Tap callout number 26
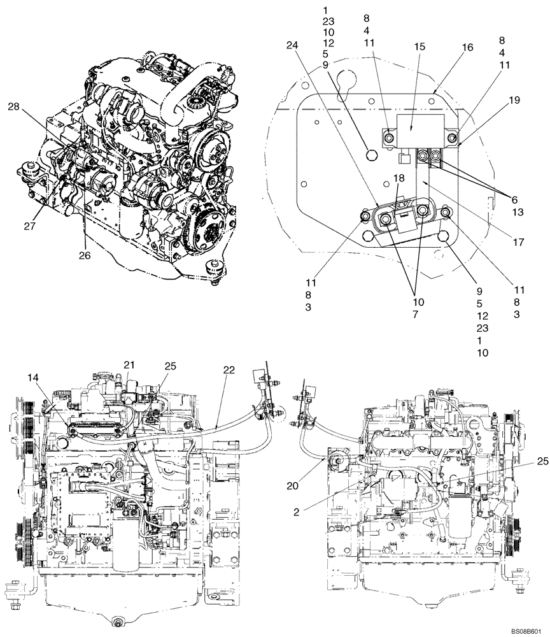click(84, 255)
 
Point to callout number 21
click(129, 364)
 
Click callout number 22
click(229, 369)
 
